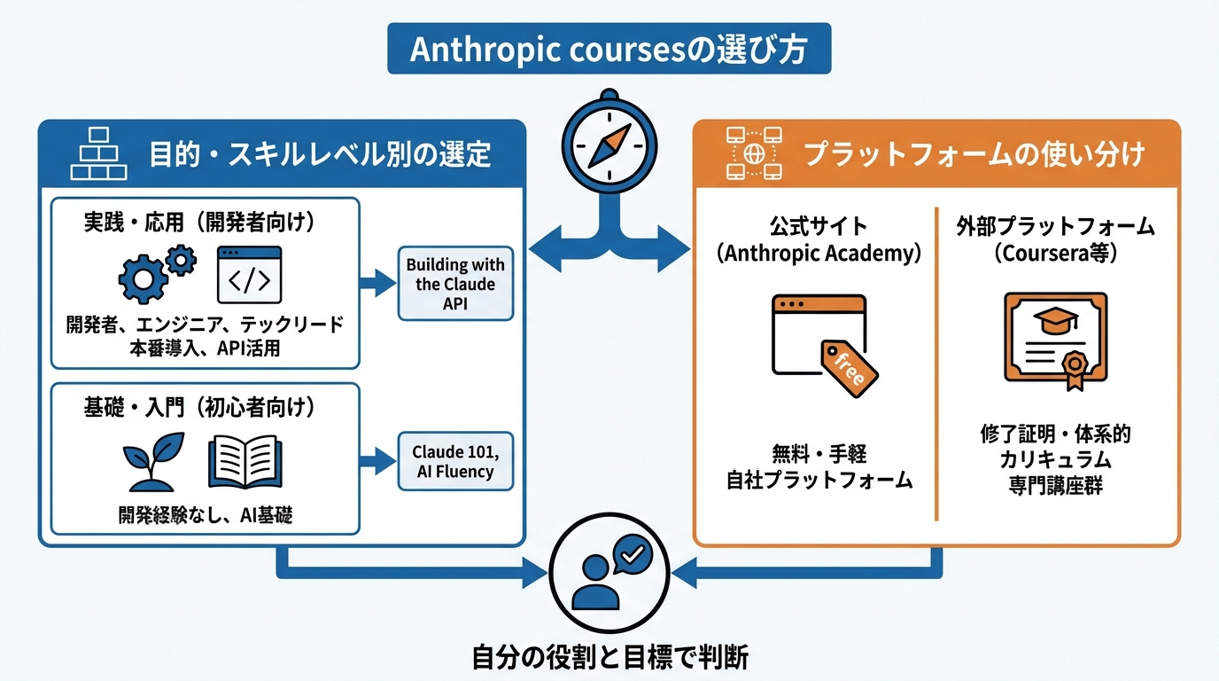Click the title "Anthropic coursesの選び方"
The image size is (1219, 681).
(x=609, y=49)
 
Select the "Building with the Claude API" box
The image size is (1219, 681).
(x=455, y=284)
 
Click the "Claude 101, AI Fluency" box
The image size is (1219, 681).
(x=455, y=460)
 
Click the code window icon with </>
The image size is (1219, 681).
(x=249, y=275)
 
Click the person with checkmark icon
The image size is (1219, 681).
(x=609, y=571)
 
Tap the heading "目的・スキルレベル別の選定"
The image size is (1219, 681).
(x=320, y=156)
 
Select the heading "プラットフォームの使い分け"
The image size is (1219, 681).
(x=974, y=154)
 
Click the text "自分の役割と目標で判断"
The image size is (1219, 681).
(x=609, y=658)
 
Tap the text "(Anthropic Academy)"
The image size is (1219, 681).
(x=819, y=254)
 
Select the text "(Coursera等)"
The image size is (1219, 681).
(x=1054, y=254)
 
